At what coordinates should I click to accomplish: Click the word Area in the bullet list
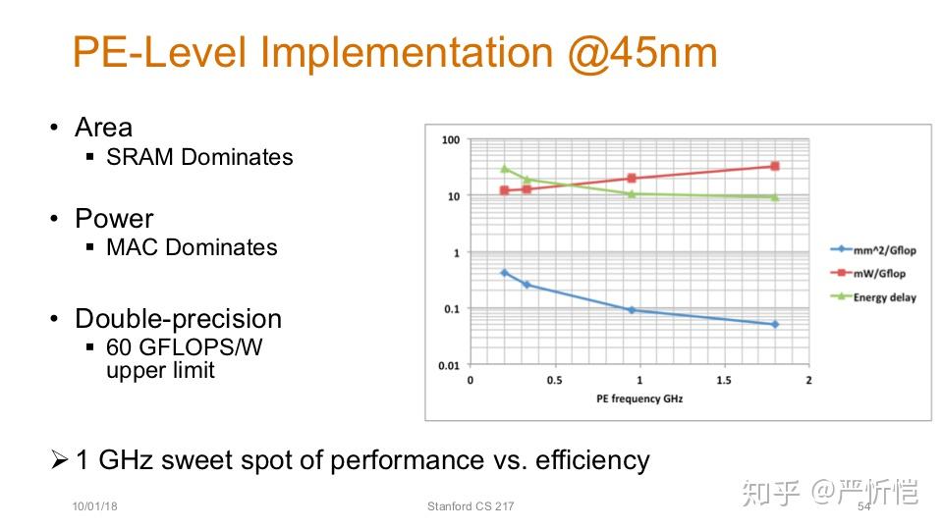point(103,128)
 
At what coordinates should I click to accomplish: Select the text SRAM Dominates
point(199,157)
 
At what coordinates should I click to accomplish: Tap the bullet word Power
point(114,218)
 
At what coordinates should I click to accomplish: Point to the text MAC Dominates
point(192,247)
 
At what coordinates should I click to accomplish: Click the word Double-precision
point(178,319)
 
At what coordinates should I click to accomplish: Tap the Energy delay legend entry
point(884,297)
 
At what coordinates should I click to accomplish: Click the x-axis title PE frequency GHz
point(638,399)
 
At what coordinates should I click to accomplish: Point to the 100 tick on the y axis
point(451,140)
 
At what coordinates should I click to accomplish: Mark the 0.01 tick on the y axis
point(448,366)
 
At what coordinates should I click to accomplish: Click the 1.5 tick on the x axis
point(723,380)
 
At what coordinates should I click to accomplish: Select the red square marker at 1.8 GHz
point(775,166)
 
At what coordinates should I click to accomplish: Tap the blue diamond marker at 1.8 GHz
point(775,324)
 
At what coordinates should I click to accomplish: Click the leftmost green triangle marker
point(504,169)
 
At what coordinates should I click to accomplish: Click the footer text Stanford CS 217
point(471,506)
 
